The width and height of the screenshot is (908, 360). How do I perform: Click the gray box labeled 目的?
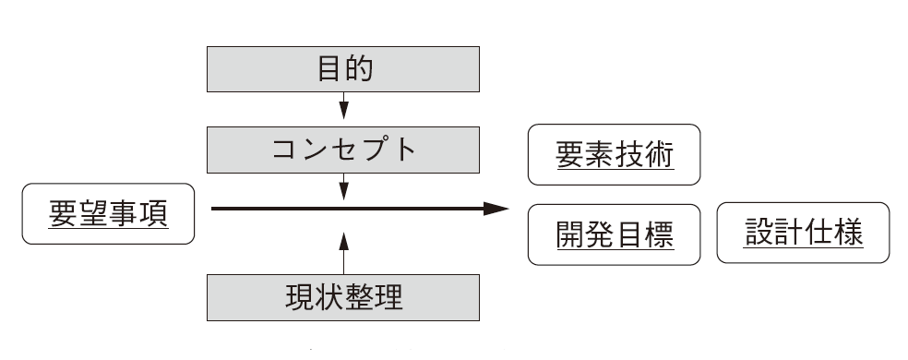pyautogui.click(x=343, y=69)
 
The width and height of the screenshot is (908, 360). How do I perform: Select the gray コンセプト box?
pyautogui.click(x=343, y=150)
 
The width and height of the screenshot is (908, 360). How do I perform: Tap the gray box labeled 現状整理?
pyautogui.click(x=343, y=298)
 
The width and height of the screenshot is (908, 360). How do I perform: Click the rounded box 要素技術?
pyautogui.click(x=615, y=156)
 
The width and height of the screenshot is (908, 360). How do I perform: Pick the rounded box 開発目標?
pyautogui.click(x=615, y=235)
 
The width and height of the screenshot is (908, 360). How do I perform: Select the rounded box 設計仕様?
pyautogui.click(x=803, y=234)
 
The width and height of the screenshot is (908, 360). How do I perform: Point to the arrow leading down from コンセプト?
pyautogui.click(x=344, y=188)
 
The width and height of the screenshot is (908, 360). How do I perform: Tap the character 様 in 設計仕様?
pyautogui.click(x=849, y=234)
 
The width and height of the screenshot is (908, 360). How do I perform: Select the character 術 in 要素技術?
pyautogui.click(x=660, y=156)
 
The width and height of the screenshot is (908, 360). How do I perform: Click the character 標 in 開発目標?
pyautogui.click(x=660, y=235)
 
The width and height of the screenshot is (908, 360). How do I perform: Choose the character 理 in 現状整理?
pyautogui.click(x=388, y=298)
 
